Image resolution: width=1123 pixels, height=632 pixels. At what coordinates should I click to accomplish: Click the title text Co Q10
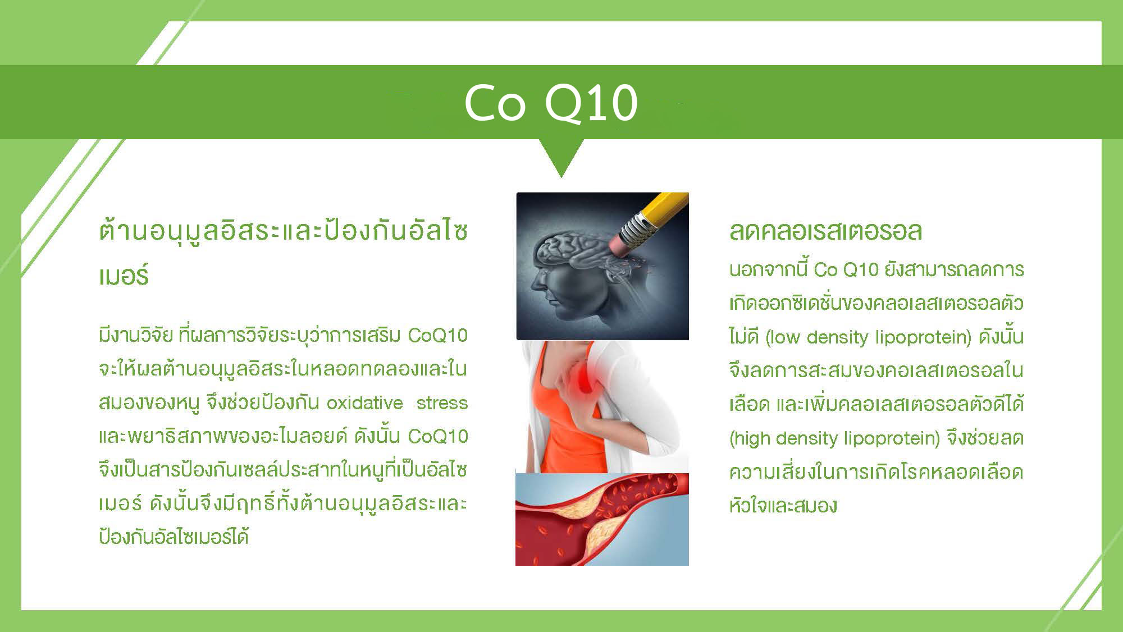pos(551,103)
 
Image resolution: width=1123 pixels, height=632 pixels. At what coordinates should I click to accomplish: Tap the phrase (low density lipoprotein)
pos(869,337)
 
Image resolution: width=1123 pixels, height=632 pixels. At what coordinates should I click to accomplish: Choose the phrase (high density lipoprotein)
pos(834,438)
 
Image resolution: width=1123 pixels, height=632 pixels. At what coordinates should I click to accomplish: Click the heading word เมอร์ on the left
pos(124,276)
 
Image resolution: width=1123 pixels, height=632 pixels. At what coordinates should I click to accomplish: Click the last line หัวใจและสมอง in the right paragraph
pos(783,506)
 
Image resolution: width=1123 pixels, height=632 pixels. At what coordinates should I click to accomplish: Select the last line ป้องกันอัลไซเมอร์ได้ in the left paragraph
pos(174,537)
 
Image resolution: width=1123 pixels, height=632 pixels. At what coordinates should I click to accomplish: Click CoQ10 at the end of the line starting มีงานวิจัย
pos(438,336)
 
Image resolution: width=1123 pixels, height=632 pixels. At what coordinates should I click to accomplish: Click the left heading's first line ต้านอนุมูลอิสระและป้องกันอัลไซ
pos(283,231)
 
